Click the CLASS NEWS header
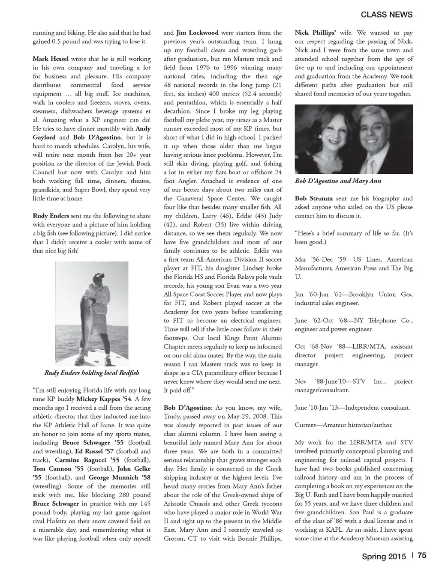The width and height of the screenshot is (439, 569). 387,15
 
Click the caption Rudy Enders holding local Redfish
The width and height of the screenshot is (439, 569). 92,372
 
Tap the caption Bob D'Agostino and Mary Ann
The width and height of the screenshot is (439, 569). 338,181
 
